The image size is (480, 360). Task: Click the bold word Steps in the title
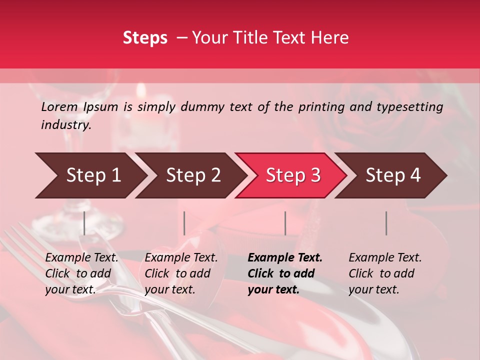click(145, 38)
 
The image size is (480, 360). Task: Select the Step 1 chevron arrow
click(90, 175)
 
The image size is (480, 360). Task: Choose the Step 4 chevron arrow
click(390, 175)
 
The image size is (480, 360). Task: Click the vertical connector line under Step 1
click(84, 223)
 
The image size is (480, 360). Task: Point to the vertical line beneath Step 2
click(184, 223)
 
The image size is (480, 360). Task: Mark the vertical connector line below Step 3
click(285, 223)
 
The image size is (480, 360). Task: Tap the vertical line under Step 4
click(386, 223)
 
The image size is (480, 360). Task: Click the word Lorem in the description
click(59, 106)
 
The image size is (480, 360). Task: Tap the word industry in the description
click(65, 125)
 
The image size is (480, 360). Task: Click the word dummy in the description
click(202, 106)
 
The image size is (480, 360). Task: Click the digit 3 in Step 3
click(315, 175)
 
